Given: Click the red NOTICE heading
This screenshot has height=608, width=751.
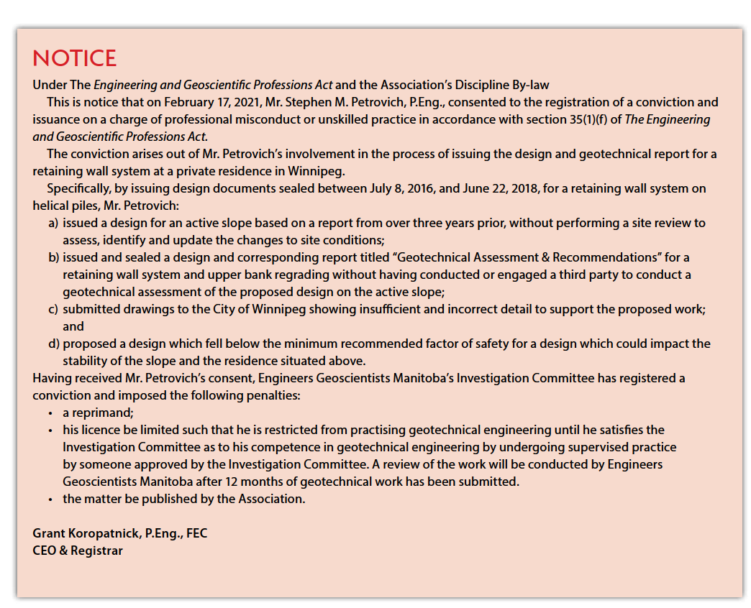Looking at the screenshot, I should pos(74,58).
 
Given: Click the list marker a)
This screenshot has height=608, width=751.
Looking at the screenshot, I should pos(54,224).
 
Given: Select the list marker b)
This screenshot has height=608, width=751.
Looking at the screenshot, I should pos(54,257).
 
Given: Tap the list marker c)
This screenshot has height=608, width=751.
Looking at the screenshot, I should pos(54,309).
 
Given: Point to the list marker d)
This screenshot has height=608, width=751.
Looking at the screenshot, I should pos(54,344).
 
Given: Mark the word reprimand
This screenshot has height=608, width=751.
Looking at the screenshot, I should pos(104,413).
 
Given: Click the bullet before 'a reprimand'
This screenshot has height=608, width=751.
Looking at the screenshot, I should pos(50,413).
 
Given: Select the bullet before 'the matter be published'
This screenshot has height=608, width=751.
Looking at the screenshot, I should pos(50,499).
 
